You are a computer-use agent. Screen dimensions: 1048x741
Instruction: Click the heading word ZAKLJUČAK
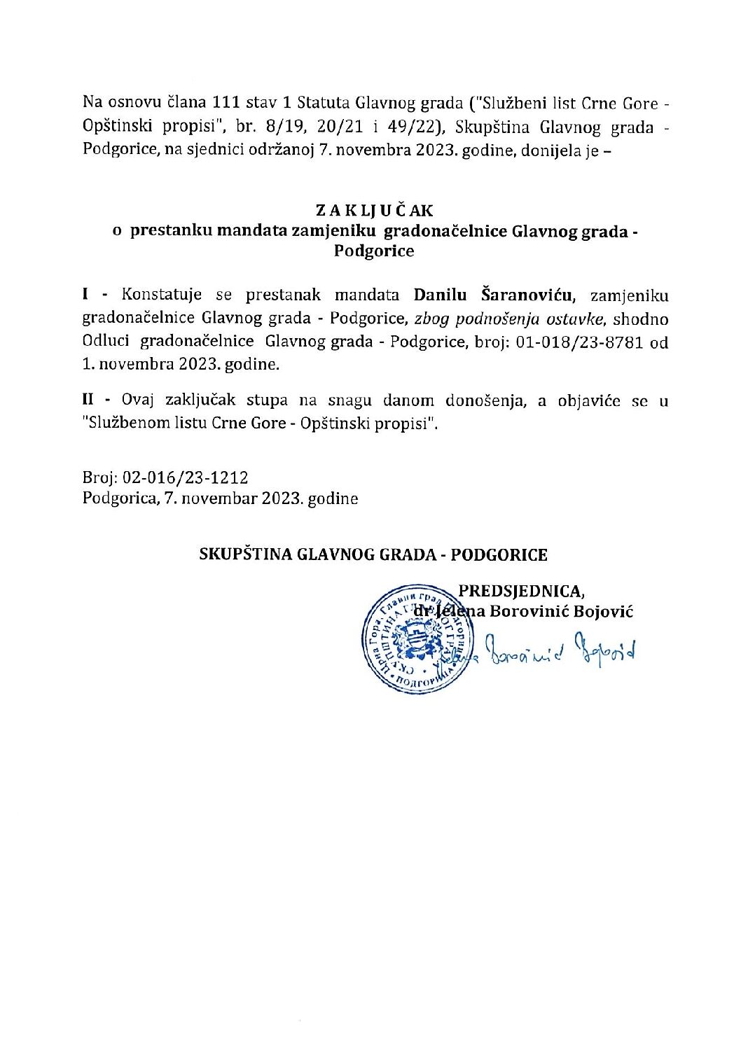374,210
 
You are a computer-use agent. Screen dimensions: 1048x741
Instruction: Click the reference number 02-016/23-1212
185,477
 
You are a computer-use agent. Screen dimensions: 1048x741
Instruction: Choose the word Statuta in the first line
324,103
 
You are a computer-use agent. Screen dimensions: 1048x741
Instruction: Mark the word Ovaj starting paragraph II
138,400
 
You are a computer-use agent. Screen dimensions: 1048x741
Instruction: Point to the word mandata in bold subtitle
252,230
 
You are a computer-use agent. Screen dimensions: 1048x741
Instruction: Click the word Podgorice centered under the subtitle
374,251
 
